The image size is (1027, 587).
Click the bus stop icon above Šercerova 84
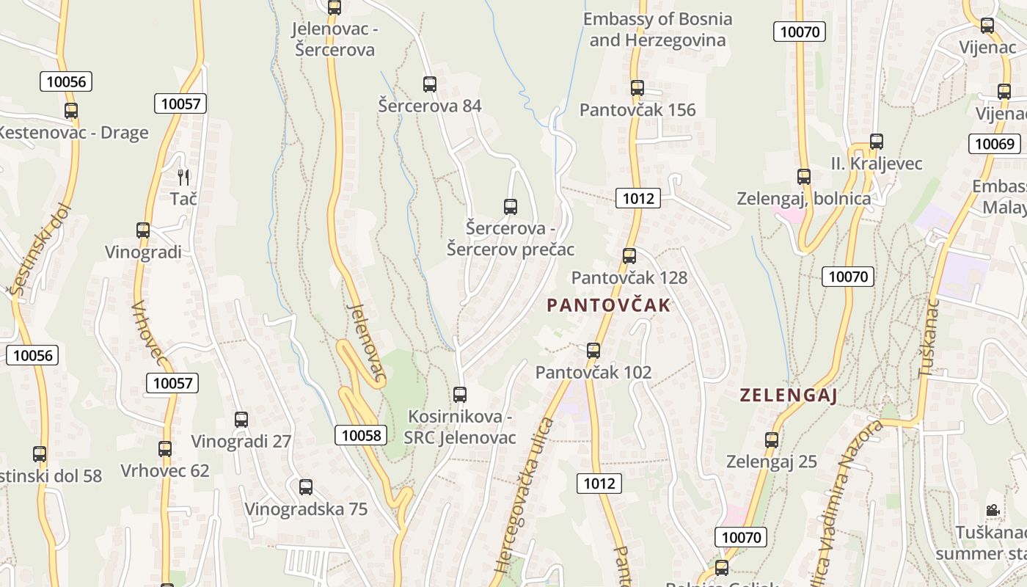(x=430, y=84)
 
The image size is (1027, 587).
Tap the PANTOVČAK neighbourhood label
(x=609, y=305)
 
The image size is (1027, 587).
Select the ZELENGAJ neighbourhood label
(x=789, y=395)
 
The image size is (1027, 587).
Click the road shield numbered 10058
(x=362, y=435)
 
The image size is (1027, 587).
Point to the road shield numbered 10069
(x=994, y=143)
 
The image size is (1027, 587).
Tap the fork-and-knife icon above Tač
(x=183, y=177)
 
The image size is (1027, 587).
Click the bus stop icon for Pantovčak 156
(x=637, y=88)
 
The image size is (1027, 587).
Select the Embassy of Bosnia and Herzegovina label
(x=657, y=29)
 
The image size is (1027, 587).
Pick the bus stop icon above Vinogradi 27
(x=241, y=420)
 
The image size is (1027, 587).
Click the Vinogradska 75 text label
(x=306, y=508)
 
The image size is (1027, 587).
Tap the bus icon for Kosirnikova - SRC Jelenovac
(x=460, y=395)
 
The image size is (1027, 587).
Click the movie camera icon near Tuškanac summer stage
(x=992, y=510)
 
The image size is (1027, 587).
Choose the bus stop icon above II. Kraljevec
(x=876, y=142)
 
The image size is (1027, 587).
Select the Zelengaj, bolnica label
(x=804, y=198)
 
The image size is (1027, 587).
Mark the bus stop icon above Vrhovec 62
(x=165, y=449)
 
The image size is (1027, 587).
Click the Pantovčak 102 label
(x=593, y=372)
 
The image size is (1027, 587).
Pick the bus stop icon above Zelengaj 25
(x=772, y=440)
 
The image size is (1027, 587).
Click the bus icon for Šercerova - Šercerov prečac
(x=511, y=207)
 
